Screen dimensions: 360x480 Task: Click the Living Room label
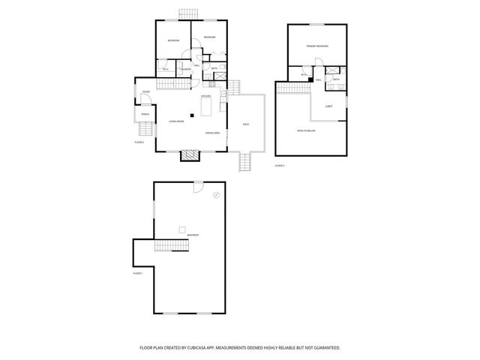coord(176,121)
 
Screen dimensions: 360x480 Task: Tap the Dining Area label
coord(212,133)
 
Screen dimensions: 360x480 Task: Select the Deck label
coord(245,124)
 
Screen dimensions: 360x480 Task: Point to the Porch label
coord(144,115)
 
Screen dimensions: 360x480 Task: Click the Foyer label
coord(146,92)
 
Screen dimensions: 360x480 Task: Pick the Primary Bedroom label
coord(316,46)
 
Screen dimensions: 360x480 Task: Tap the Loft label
coord(328,106)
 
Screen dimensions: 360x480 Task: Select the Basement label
coord(193,235)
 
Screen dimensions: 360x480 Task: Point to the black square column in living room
coord(192,115)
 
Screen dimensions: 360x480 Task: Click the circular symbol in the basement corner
coord(215,195)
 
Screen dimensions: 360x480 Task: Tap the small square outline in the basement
coord(181,229)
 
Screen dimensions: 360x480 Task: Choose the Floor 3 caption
coord(280,164)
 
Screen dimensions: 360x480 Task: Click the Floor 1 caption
coord(137,273)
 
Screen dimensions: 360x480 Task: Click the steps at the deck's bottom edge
coord(245,160)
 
